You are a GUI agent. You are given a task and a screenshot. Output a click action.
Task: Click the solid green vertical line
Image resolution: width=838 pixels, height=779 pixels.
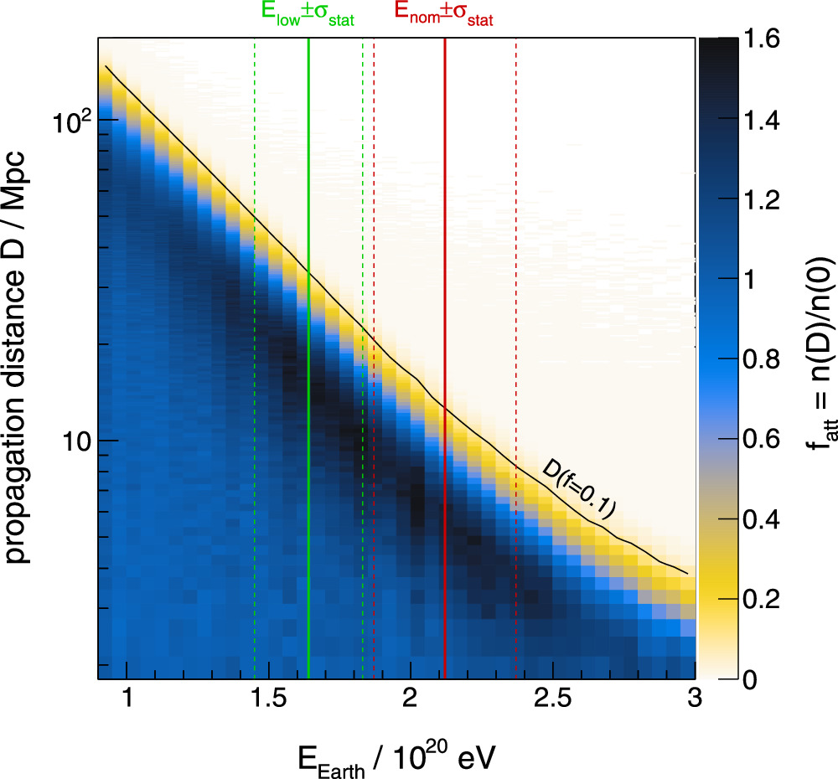(x=309, y=377)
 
